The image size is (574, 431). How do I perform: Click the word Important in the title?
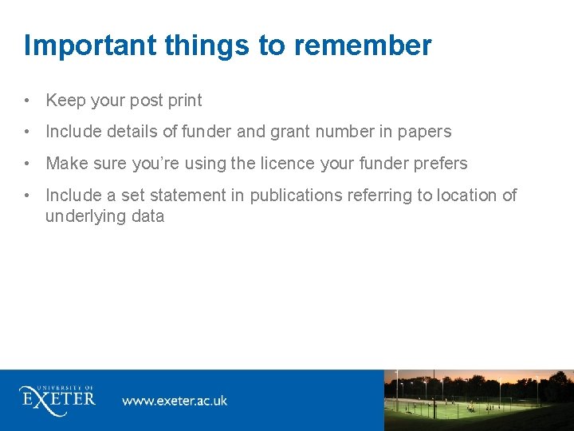91,45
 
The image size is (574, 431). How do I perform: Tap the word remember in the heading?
363,45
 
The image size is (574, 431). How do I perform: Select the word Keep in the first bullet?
65,101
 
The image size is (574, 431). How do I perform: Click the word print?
184,101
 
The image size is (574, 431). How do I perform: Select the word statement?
176,196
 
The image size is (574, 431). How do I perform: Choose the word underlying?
85,216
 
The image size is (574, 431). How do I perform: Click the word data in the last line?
146,216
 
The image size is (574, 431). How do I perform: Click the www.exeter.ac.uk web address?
175,400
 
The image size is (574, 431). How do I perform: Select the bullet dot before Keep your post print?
28,101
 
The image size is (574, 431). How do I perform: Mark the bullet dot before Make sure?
28,164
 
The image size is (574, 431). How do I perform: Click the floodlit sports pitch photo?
478,400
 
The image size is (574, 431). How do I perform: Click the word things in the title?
207,45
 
